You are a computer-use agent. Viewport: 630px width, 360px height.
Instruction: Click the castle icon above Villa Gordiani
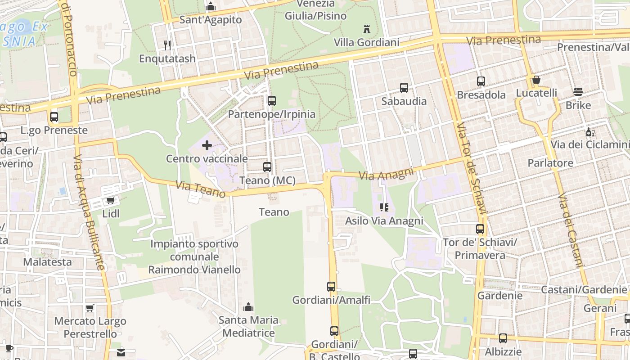(367, 30)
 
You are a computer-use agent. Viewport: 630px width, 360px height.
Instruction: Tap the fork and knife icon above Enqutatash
(167, 45)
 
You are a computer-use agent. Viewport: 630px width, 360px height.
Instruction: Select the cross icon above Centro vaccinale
(207, 145)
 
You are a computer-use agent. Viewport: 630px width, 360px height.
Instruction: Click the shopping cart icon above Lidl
(111, 200)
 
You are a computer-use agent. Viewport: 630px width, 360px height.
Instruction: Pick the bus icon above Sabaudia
(404, 88)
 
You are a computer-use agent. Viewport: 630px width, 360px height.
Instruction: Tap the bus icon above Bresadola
(481, 81)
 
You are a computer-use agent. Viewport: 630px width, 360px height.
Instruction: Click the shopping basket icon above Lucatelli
(536, 80)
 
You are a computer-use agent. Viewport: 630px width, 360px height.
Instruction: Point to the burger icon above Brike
(578, 92)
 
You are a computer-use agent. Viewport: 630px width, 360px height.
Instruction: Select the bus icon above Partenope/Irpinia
(271, 101)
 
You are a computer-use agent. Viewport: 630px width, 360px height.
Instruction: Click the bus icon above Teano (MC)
(267, 167)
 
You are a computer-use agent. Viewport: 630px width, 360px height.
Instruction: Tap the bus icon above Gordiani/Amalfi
(331, 286)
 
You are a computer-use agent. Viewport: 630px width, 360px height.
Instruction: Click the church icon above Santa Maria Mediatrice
(248, 307)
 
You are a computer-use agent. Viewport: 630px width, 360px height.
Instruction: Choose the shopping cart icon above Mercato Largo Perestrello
(90, 308)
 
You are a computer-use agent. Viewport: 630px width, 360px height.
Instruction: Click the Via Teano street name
(200, 189)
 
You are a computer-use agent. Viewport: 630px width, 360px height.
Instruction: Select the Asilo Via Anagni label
(384, 221)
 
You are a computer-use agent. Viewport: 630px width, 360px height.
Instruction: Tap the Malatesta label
(47, 262)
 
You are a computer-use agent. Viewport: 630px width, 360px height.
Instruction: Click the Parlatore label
(550, 163)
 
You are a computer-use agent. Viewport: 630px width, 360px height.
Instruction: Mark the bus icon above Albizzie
(503, 338)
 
